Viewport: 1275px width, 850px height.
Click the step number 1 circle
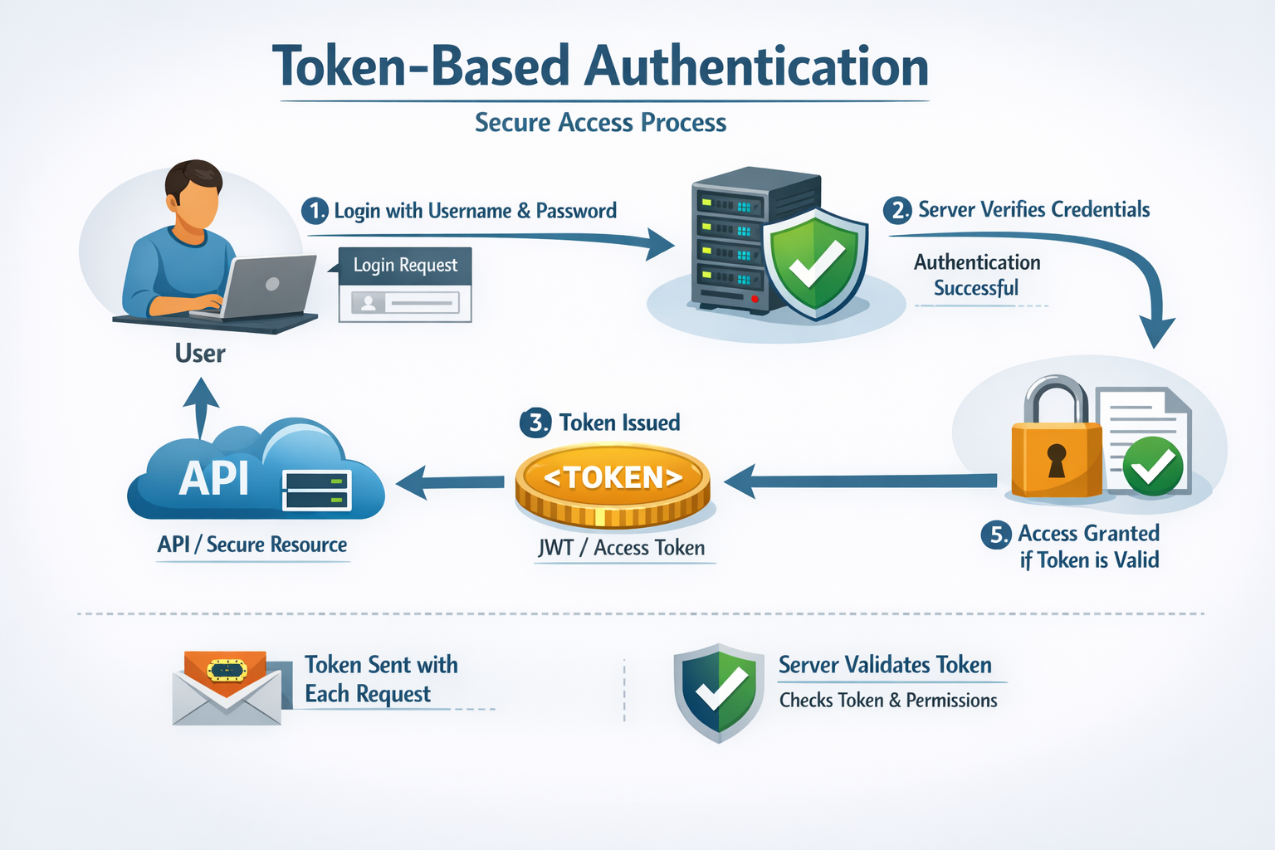pyautogui.click(x=315, y=211)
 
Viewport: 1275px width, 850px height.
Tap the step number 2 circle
pyautogui.click(x=898, y=210)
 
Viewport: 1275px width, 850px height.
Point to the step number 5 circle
pyautogui.click(x=996, y=535)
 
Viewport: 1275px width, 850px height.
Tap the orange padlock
pyautogui.click(x=1056, y=452)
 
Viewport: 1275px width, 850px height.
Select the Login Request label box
pyautogui.click(x=405, y=266)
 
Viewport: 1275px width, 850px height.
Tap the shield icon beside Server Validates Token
pyautogui.click(x=718, y=691)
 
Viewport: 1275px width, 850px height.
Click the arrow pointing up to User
pyautogui.click(x=201, y=406)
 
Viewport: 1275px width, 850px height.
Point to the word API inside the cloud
pyautogui.click(x=213, y=478)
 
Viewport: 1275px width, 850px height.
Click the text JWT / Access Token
pyautogui.click(x=622, y=548)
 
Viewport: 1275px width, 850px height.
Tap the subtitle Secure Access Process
pyautogui.click(x=600, y=123)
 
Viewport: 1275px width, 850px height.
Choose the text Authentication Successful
pyautogui.click(x=977, y=276)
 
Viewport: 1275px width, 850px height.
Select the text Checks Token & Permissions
pyautogui.click(x=888, y=701)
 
